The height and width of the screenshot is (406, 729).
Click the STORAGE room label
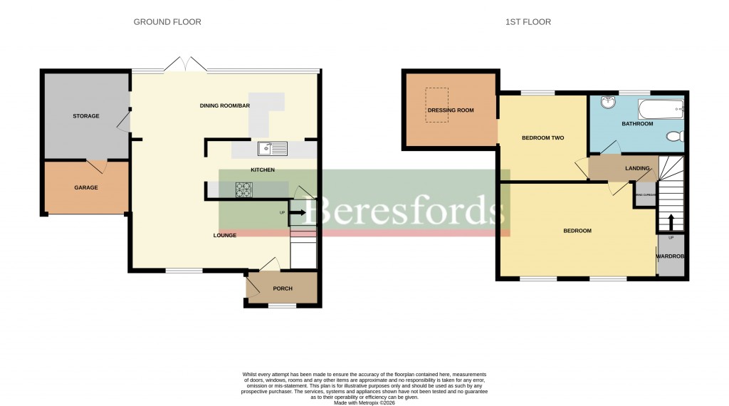pyautogui.click(x=85, y=115)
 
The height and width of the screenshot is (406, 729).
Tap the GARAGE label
pyautogui.click(x=85, y=187)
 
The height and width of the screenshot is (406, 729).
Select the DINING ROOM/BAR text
pyautogui.click(x=225, y=106)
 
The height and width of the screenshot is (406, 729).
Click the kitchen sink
pyautogui.click(x=273, y=148)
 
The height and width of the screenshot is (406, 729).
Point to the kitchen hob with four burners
pyautogui.click(x=244, y=189)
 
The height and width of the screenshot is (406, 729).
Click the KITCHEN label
pyautogui.click(x=262, y=170)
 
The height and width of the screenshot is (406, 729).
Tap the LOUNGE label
pyautogui.click(x=225, y=235)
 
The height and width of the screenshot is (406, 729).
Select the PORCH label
pyautogui.click(x=283, y=288)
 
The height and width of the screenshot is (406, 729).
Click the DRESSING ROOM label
pyautogui.click(x=451, y=110)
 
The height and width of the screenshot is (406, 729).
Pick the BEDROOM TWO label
pyautogui.click(x=542, y=137)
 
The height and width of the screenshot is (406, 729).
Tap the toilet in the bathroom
pyautogui.click(x=674, y=135)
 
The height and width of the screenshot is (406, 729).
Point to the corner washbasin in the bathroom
pyautogui.click(x=608, y=104)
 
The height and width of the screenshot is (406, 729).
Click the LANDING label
pyautogui.click(x=637, y=168)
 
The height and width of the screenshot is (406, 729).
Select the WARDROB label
pyautogui.click(x=670, y=256)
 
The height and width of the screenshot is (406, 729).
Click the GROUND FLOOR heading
pyautogui.click(x=167, y=22)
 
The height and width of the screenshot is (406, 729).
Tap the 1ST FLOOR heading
pyautogui.click(x=528, y=22)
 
